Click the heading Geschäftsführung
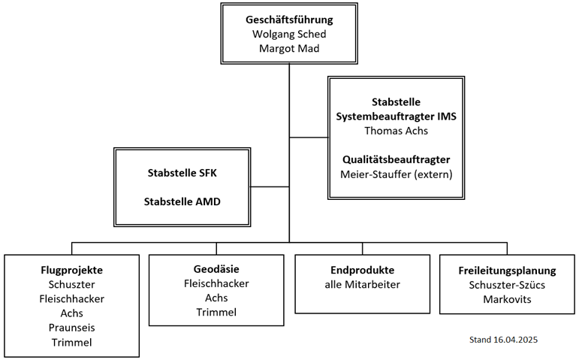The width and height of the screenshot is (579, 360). (289, 20)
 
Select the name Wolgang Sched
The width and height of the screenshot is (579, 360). (289, 34)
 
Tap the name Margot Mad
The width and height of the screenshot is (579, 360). (289, 48)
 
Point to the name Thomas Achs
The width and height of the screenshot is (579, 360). (397, 131)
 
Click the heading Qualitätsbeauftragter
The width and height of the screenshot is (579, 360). (397, 159)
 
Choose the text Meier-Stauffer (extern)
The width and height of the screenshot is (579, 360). (397, 174)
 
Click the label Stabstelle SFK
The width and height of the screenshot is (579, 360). (182, 173)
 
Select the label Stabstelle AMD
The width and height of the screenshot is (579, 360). (182, 202)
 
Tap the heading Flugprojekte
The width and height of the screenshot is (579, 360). (71, 270)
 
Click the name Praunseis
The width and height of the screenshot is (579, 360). (71, 328)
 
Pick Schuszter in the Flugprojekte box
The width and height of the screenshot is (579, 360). (71, 285)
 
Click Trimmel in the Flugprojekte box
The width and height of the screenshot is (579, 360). (71, 343)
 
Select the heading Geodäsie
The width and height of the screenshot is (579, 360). (216, 269)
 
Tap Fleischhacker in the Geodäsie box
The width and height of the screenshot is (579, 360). (216, 283)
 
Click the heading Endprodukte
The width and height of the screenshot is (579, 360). (362, 270)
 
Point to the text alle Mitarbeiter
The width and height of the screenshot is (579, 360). (362, 285)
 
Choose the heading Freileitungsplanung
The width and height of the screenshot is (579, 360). (507, 271)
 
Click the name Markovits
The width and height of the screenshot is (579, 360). (507, 299)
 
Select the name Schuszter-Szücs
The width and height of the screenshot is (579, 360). (507, 285)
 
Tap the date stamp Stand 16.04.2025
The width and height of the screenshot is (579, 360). (503, 340)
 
